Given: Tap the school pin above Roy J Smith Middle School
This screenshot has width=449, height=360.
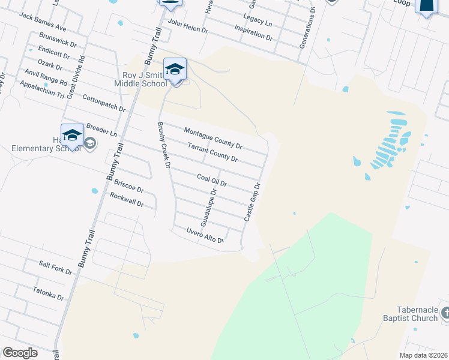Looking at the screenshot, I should (x=175, y=70).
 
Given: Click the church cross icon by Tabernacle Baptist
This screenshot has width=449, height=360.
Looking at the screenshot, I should (x=445, y=313).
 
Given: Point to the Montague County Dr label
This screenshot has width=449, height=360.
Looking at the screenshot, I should (x=213, y=139).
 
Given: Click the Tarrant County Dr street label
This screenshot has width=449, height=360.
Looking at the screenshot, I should (x=212, y=153).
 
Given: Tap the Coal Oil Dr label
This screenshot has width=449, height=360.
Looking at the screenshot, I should (x=211, y=179).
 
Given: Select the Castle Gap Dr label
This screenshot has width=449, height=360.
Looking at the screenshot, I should (x=252, y=202).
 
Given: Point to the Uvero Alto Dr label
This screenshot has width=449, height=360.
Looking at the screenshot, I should (x=204, y=236).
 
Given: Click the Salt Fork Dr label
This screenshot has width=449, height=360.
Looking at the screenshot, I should (x=55, y=268).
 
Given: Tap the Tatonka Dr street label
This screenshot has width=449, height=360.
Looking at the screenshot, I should (x=49, y=293).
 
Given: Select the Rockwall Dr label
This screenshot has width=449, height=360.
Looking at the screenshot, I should (x=127, y=200).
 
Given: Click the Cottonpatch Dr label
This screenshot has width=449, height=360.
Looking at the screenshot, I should (x=103, y=104).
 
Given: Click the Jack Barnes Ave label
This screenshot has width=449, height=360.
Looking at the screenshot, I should (x=43, y=23).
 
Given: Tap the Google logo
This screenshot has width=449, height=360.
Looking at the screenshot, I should (x=20, y=353).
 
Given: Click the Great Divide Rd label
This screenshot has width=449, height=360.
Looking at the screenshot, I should (x=76, y=76).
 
